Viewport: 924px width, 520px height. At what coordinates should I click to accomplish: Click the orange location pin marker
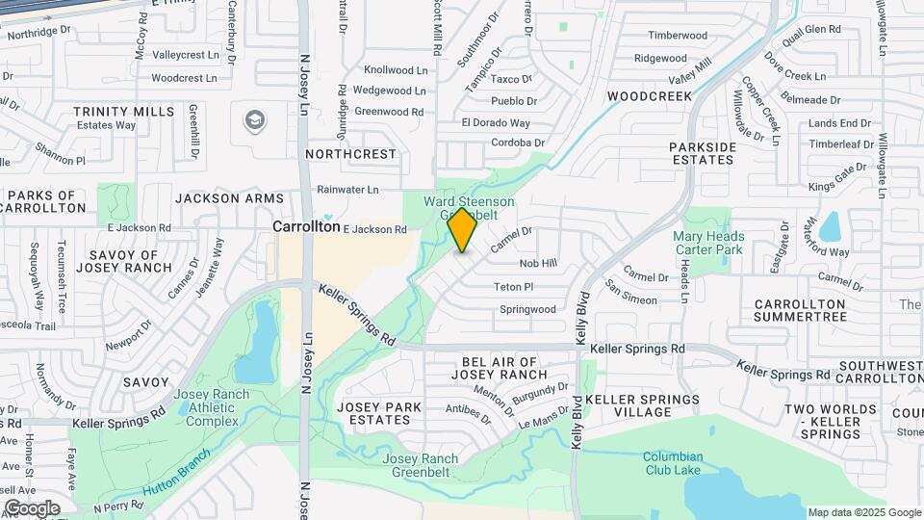click(462, 230)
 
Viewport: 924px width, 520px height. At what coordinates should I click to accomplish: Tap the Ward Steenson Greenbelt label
click(471, 208)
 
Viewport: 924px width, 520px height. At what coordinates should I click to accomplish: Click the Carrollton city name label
click(306, 227)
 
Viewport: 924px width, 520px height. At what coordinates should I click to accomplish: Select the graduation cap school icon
click(255, 120)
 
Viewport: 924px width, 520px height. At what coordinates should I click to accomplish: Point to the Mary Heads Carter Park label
click(708, 243)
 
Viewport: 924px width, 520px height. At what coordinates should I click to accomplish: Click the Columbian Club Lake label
click(674, 463)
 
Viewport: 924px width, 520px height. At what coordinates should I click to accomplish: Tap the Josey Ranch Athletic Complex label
click(212, 407)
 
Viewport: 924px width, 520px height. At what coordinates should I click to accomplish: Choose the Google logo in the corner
click(32, 507)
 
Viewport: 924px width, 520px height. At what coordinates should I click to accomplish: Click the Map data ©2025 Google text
click(863, 512)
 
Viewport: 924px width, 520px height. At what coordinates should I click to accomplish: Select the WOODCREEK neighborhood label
click(650, 96)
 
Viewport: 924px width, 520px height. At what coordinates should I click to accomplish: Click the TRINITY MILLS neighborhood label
click(123, 112)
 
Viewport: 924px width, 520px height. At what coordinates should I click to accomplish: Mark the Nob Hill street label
click(538, 263)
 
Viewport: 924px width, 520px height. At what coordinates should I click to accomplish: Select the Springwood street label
click(527, 310)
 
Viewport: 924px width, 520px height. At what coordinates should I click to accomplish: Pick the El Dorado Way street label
click(496, 122)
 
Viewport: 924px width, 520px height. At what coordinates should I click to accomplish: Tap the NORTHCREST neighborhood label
click(350, 154)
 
